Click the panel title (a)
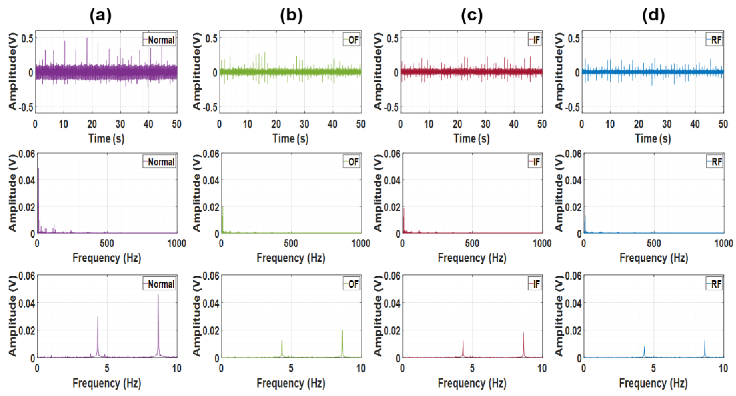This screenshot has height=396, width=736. [100, 16]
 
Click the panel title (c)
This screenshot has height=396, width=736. [472, 16]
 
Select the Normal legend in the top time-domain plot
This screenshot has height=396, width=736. [159, 40]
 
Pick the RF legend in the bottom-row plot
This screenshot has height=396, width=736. [714, 284]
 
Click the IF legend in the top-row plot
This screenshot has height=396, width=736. [535, 40]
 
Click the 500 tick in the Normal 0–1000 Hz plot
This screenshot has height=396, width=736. [106, 243]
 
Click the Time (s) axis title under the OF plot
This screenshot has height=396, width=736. [290, 139]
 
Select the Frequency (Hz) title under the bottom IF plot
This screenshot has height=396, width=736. [472, 383]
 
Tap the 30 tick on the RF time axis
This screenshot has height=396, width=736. [667, 124]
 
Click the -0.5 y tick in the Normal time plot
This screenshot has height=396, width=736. [26, 107]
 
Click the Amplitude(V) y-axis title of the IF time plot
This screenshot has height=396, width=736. [378, 71]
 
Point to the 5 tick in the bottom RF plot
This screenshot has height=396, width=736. [653, 368]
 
